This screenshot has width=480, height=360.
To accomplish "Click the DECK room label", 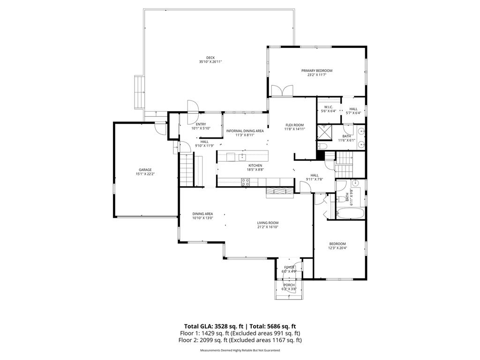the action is pyautogui.click(x=210, y=58).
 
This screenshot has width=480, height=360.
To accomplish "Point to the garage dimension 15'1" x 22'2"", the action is pyautogui.click(x=145, y=174).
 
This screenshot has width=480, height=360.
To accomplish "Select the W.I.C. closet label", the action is pyautogui.click(x=329, y=107).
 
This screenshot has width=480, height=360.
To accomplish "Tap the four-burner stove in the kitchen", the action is pyautogui.click(x=246, y=182).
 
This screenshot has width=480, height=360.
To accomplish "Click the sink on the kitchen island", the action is pyautogui.click(x=242, y=157).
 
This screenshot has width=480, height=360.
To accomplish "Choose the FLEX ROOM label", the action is pyautogui.click(x=294, y=125).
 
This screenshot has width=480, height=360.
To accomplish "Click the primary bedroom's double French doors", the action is pyautogui.click(x=282, y=91).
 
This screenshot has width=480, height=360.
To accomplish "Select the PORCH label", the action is pyautogui.click(x=289, y=285).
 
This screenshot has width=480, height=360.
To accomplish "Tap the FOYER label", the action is pyautogui.click(x=289, y=267).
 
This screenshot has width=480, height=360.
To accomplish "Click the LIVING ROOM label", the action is pyautogui.click(x=268, y=223).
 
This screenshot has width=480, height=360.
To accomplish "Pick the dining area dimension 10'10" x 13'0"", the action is pyautogui.click(x=202, y=218).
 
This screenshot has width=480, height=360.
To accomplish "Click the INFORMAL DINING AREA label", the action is pyautogui.click(x=245, y=131).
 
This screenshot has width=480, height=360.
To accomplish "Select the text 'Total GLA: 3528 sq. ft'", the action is pyautogui.click(x=213, y=326).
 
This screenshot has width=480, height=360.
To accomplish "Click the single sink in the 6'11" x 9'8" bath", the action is pyautogui.click(x=355, y=183).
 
